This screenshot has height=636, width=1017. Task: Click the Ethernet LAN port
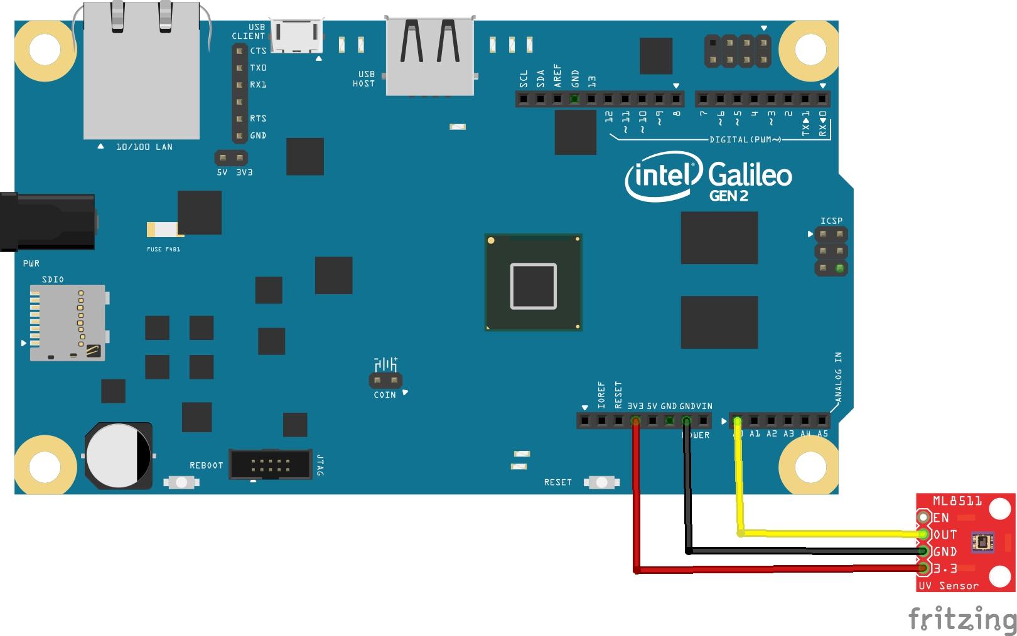pyautogui.click(x=142, y=72)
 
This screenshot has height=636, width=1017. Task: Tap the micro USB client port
pyautogui.click(x=296, y=35)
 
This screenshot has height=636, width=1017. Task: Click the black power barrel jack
pyautogui.click(x=47, y=222)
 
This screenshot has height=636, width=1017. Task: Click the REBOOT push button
pyautogui.click(x=181, y=482)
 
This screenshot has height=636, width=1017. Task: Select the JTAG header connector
pyautogui.click(x=270, y=464)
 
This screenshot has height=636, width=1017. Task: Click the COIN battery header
pyautogui.click(x=385, y=381)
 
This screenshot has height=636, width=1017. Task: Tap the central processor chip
pyautogui.click(x=533, y=282)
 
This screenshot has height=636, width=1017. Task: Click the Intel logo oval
pyautogui.click(x=663, y=178)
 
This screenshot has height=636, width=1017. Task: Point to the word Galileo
pyautogui.click(x=750, y=174)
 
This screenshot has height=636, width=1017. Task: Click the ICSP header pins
pyautogui.click(x=831, y=251)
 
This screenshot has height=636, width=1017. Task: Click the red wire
pyautogui.click(x=637, y=502)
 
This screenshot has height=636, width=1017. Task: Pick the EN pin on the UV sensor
pyautogui.click(x=923, y=517)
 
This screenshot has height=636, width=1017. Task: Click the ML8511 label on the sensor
pyautogui.click(x=957, y=501)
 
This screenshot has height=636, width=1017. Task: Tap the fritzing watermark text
pyautogui.click(x=962, y=619)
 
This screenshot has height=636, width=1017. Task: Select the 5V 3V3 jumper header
pyautogui.click(x=231, y=158)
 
